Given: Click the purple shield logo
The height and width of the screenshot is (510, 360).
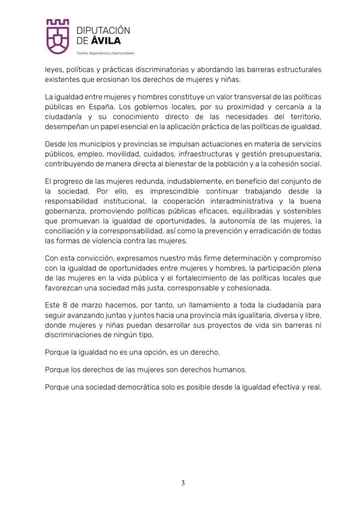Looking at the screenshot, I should (57, 36).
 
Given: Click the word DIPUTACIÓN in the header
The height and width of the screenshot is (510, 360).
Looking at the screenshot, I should (103, 30).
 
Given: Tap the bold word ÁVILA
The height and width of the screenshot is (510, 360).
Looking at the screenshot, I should (106, 41).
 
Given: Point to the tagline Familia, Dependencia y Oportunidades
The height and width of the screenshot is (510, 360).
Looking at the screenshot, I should (106, 53).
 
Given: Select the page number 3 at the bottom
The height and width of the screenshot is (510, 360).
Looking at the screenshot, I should (183, 483).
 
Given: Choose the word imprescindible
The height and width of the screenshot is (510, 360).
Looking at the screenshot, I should (174, 192).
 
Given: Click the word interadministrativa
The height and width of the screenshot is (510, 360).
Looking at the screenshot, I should (242, 202).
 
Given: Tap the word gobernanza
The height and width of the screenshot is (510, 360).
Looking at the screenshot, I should (65, 211).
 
